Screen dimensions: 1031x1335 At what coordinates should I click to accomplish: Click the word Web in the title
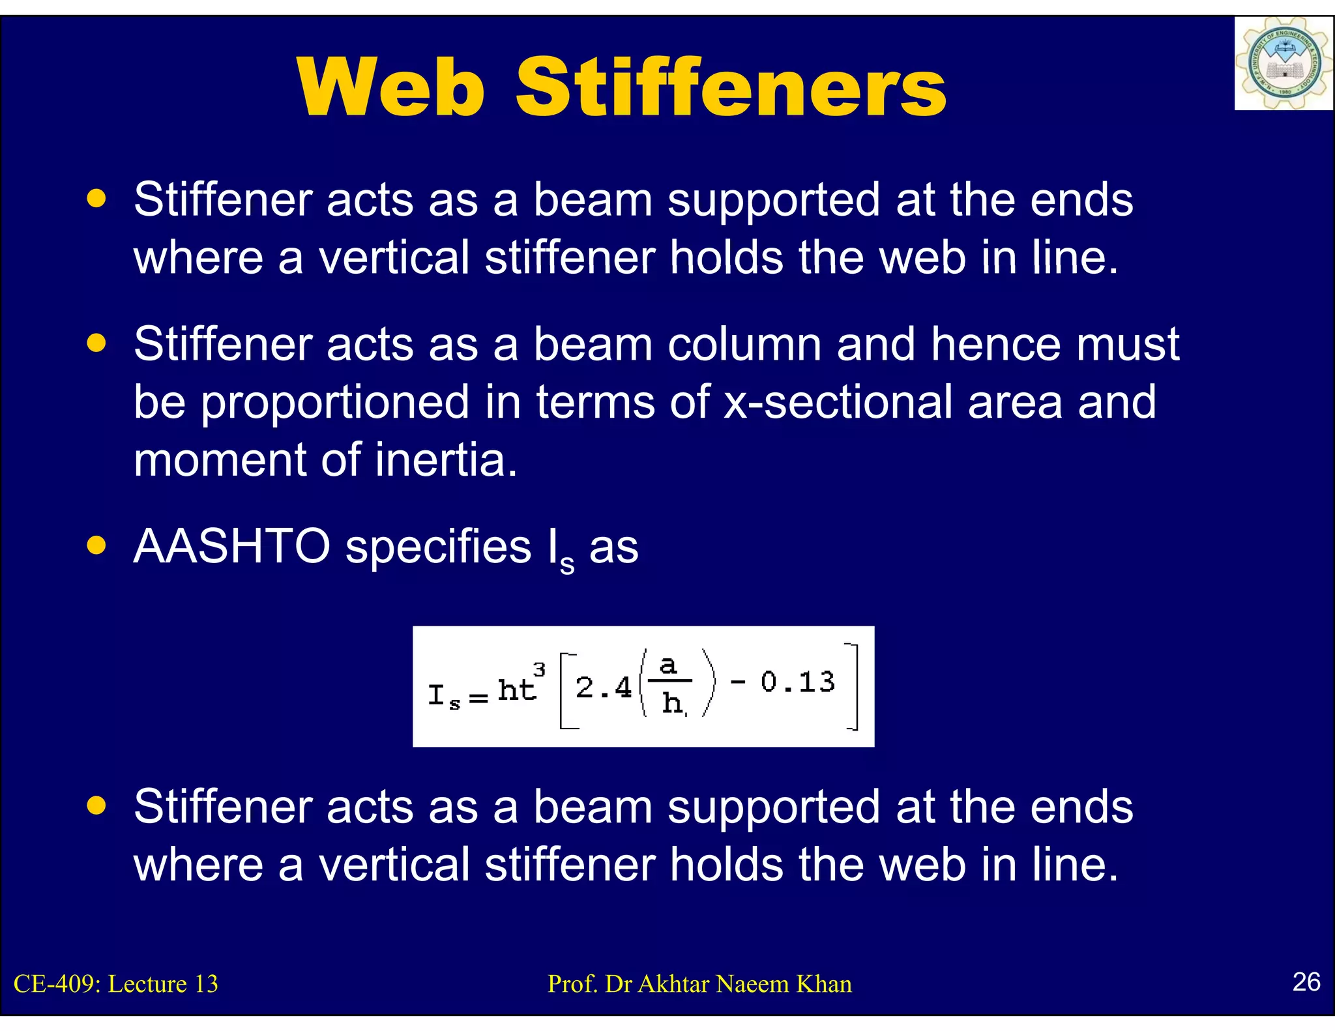[x=391, y=88]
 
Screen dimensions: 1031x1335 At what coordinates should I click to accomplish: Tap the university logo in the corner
[x=1283, y=64]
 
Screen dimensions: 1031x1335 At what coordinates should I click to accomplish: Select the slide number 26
[x=1306, y=981]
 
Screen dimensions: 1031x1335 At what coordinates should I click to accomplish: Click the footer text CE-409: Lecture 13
[x=116, y=984]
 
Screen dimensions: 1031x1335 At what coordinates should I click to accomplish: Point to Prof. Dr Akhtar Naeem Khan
[x=699, y=984]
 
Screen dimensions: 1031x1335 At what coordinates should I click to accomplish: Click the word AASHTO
[x=231, y=546]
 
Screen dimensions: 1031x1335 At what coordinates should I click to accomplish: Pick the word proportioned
[x=334, y=403]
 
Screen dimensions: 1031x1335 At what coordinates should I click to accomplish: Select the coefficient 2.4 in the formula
[x=604, y=688]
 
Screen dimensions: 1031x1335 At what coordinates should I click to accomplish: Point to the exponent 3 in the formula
[x=539, y=669]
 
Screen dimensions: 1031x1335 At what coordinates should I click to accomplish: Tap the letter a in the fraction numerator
[x=668, y=665]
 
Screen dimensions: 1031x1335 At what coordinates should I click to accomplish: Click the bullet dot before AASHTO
[x=96, y=545]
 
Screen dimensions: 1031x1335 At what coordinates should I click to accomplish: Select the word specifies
[x=438, y=547]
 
